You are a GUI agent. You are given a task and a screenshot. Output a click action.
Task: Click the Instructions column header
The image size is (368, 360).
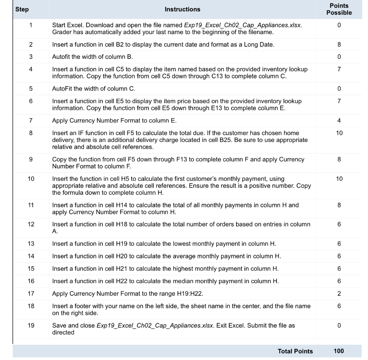[183, 9]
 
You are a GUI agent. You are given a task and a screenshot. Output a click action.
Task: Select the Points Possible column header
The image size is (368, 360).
[339, 9]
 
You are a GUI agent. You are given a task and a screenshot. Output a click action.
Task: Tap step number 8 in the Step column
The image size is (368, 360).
[31, 133]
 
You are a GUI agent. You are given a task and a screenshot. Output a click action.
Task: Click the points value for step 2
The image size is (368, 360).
[339, 45]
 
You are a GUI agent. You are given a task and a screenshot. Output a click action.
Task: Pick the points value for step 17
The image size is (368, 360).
[339, 294]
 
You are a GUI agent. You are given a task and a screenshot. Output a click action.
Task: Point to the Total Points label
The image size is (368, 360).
[295, 351]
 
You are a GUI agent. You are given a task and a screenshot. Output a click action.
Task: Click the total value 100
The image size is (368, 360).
[339, 351]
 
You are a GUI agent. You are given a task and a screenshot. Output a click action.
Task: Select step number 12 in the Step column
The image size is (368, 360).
[31, 225]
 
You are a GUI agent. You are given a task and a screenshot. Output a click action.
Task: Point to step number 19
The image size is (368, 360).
[31, 326]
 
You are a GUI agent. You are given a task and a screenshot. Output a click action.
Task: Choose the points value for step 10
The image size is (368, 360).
[339, 179]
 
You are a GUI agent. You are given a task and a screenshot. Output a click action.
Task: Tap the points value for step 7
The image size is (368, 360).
[339, 120]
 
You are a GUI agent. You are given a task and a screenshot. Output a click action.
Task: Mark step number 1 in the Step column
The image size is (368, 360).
[31, 26]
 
